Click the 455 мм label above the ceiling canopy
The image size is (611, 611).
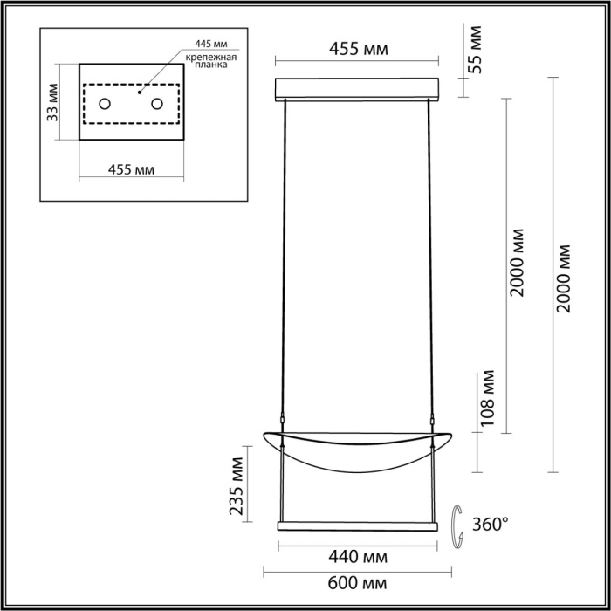[x=358, y=49]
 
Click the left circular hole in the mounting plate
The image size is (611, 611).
[x=105, y=105]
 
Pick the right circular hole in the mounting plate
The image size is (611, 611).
[x=158, y=105]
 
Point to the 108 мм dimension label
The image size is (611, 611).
[x=488, y=399]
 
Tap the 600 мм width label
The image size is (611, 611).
[x=358, y=581]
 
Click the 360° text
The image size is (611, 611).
[x=490, y=525]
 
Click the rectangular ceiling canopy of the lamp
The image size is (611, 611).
[x=358, y=90]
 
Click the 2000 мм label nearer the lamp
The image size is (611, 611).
[x=518, y=262]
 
